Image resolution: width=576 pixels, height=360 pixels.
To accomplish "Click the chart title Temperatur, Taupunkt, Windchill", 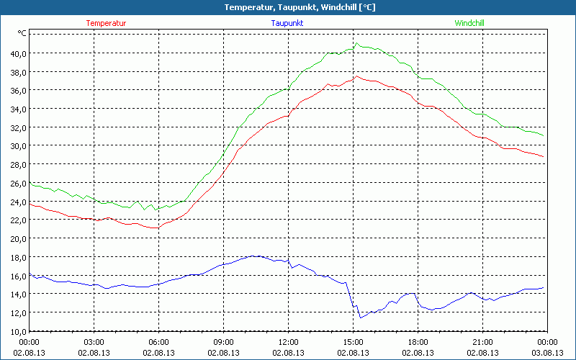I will [x=288, y=7].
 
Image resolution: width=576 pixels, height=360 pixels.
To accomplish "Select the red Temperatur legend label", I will [x=106, y=23].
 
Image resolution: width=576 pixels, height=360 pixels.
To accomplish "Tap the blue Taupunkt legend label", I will [x=287, y=23].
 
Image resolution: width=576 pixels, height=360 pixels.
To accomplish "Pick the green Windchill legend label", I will [x=469, y=23].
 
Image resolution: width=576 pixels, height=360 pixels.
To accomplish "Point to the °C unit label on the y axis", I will [x=22, y=33].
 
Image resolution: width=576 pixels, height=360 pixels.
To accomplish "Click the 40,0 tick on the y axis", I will [x=18, y=53].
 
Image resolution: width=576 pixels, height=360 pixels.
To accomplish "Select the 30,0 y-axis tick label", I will [x=18, y=145].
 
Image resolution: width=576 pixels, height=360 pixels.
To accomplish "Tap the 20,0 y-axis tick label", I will [x=18, y=238].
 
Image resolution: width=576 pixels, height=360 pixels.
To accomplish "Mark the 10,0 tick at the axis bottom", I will [x=18, y=330].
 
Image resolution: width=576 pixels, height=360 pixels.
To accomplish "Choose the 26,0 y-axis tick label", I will [x=18, y=183].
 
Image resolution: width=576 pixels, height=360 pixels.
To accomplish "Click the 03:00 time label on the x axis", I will [x=94, y=342].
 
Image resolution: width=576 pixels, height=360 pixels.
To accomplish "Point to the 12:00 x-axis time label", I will [x=288, y=342].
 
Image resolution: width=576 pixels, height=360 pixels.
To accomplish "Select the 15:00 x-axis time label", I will [x=353, y=342].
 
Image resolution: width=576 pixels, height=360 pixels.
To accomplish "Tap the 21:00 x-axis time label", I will [x=482, y=342].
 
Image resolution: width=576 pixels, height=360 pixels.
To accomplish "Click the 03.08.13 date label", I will [x=547, y=353].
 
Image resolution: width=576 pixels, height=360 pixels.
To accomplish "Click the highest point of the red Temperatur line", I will [x=356, y=76].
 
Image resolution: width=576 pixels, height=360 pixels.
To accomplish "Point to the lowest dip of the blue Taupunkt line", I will [x=361, y=318].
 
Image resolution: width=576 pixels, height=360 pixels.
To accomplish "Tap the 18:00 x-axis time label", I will [x=418, y=342].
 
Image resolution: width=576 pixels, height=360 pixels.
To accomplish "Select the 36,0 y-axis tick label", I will [x=18, y=90].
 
